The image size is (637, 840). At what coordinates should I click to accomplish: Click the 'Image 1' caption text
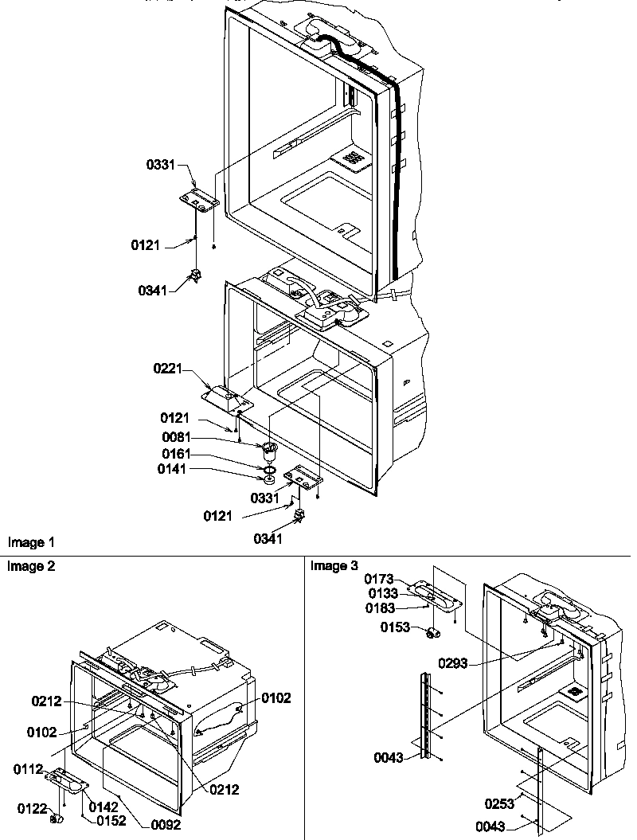pyautogui.click(x=31, y=542)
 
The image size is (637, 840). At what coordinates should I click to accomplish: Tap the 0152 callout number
pyautogui.click(x=111, y=821)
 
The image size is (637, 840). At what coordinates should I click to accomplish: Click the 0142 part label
pyautogui.click(x=104, y=807)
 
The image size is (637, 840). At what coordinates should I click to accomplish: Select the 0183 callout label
pyautogui.click(x=381, y=608)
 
